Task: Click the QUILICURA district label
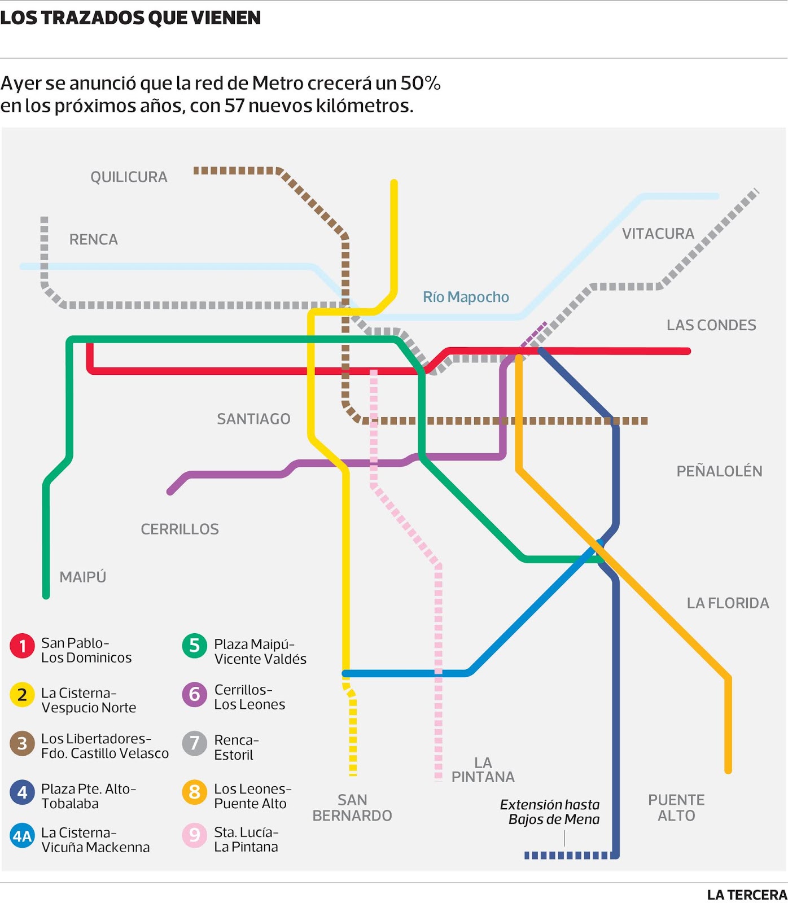(129, 177)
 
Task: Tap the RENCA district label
(94, 240)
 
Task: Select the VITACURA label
(658, 234)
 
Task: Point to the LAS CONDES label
(711, 325)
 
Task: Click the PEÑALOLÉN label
(719, 471)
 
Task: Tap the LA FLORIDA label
(728, 603)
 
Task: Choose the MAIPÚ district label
(83, 577)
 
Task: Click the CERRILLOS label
(180, 529)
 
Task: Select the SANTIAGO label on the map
(253, 419)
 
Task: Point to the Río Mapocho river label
(466, 297)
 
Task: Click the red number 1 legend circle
(23, 646)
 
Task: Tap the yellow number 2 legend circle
(23, 695)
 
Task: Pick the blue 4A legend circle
(23, 836)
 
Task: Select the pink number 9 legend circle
(195, 835)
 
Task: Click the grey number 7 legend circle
(195, 743)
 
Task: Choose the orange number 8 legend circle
(195, 792)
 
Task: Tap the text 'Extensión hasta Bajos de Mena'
(550, 812)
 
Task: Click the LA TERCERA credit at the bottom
(747, 895)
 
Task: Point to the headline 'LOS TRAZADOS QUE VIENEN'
(130, 18)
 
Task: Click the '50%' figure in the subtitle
(420, 84)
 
